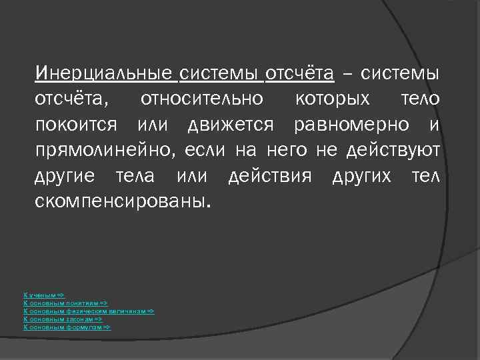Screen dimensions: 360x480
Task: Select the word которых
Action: click(332, 99)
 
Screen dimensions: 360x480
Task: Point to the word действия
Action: click(270, 177)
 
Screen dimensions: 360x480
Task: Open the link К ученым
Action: click(44, 294)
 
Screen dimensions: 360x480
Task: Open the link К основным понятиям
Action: click(65, 303)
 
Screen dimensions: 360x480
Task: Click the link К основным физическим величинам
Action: click(89, 311)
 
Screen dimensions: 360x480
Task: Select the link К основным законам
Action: click(63, 319)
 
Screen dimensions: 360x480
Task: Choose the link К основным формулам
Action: click(67, 327)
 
